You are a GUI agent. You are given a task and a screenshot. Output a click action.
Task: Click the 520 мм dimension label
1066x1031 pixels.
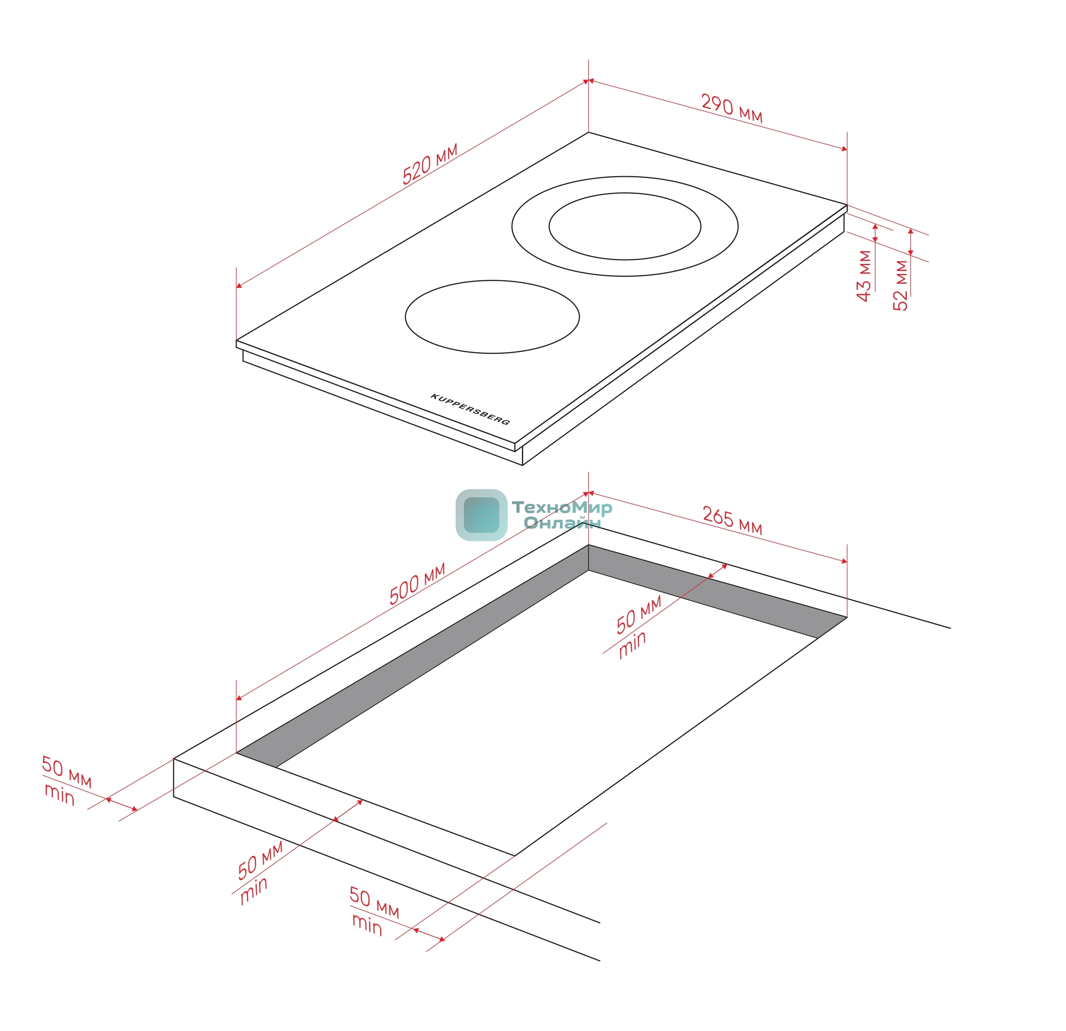[429, 164]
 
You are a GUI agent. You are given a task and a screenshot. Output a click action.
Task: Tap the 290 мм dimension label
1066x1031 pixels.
[731, 108]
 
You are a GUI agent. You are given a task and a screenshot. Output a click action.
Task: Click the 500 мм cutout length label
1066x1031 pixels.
[417, 584]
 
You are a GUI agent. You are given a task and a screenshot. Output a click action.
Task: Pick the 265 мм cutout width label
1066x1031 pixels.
[732, 520]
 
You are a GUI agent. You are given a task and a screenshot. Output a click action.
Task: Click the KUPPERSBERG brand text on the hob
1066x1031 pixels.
[470, 409]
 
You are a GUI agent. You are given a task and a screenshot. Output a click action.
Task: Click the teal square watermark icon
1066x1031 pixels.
[481, 515]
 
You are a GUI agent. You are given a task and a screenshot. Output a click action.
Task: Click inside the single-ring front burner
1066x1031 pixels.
[492, 316]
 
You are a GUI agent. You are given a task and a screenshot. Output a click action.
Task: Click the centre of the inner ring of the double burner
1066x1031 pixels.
[625, 226]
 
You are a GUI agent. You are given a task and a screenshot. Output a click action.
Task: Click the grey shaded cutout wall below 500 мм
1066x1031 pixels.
[412, 656]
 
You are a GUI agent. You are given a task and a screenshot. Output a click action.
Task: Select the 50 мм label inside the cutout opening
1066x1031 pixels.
[638, 615]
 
